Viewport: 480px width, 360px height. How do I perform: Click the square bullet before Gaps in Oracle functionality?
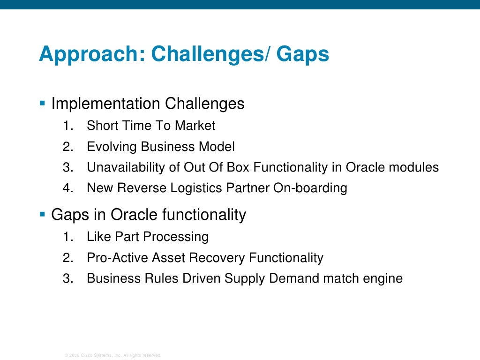pyautogui.click(x=42, y=214)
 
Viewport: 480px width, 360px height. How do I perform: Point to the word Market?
pyautogui.click(x=195, y=126)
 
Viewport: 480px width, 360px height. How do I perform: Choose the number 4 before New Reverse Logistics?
pyautogui.click(x=67, y=188)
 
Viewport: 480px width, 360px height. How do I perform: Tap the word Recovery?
pyautogui.click(x=218, y=258)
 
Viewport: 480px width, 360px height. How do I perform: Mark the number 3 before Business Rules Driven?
pyautogui.click(x=67, y=278)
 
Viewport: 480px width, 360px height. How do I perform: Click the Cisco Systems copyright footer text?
pyautogui.click(x=112, y=355)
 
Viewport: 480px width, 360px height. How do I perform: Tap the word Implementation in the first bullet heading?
pyautogui.click(x=104, y=103)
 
